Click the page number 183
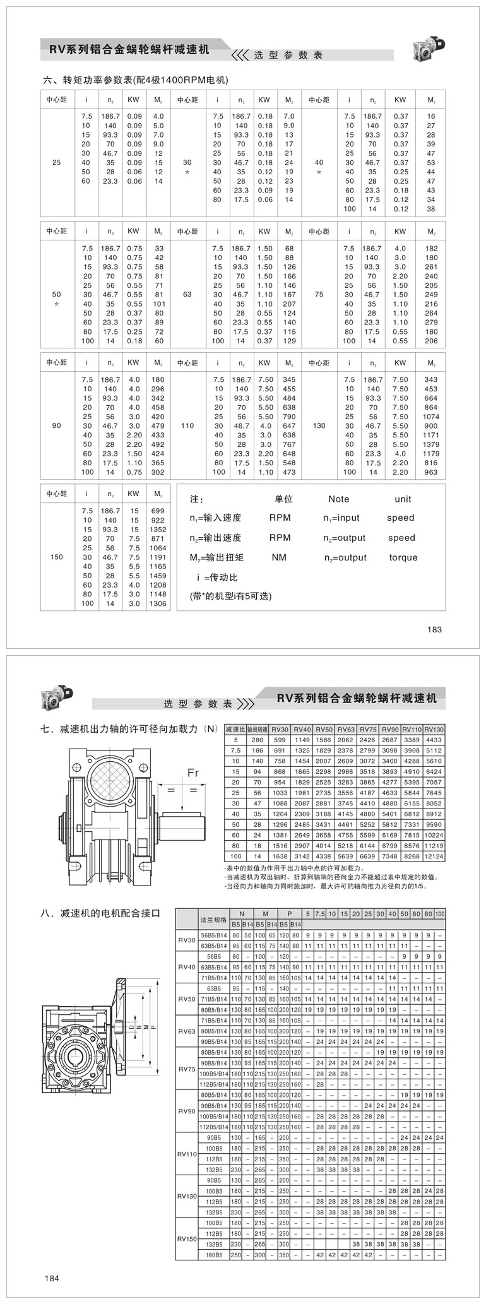pos(434,629)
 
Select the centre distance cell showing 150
pos(57,557)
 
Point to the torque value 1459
pos(158,576)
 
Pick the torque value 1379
pos(431,444)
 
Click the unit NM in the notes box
pos(279,557)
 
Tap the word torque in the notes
pos(403,557)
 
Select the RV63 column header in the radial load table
pos(345,729)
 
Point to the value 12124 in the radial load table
pos(434,856)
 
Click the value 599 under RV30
pos(280,739)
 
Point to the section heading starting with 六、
pos(134,80)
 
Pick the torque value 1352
pos(158,530)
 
